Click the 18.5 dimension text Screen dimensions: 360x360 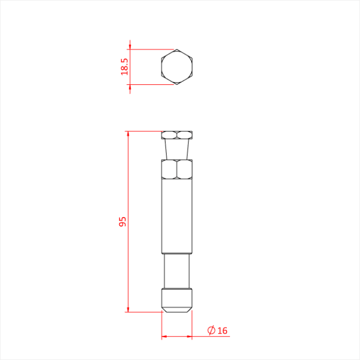point(124,66)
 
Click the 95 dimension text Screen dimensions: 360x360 point(123,222)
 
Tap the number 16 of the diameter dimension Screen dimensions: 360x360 point(222,331)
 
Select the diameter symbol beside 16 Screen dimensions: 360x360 point(211,330)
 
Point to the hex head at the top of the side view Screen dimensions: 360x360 point(177,135)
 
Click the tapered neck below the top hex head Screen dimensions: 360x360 point(177,149)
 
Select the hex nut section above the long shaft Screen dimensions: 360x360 point(177,169)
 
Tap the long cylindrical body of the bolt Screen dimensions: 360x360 point(177,216)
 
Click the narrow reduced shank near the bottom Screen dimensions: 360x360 point(177,271)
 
